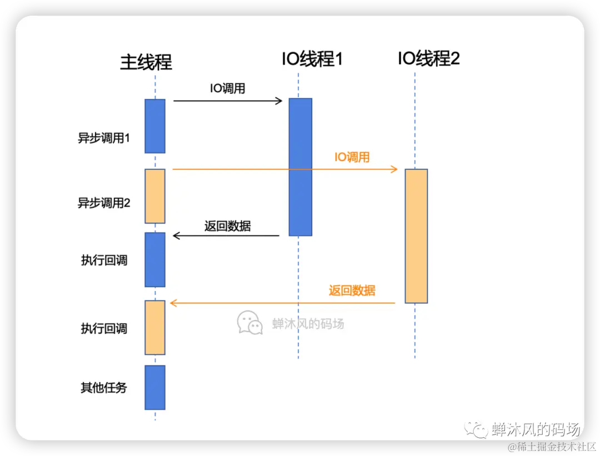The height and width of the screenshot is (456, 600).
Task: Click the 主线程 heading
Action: pos(146,62)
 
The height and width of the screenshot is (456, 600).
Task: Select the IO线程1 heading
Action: pos(312,58)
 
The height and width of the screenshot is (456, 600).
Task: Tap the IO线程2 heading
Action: pos(428,58)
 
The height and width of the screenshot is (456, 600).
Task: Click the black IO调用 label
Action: pos(227,88)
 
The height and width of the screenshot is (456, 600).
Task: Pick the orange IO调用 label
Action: pos(352,157)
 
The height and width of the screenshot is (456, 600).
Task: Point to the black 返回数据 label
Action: pos(227,226)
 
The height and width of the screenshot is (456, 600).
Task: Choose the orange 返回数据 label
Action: pos(352,290)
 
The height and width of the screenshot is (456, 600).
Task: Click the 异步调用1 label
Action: pos(104,138)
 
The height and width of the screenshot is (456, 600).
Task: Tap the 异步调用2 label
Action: pos(104,203)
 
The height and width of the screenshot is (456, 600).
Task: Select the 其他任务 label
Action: pos(104,387)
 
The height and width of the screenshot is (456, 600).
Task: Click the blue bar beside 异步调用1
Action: pos(155,126)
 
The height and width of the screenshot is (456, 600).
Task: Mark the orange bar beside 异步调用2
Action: pos(155,196)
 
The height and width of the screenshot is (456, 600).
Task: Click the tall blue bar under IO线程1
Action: pos(300,167)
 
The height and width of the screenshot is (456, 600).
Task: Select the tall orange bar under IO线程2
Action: pos(416,236)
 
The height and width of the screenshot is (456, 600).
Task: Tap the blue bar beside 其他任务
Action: pos(155,387)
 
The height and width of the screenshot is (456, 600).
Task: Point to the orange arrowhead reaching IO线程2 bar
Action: pos(395,169)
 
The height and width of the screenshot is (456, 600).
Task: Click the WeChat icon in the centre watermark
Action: pos(249,322)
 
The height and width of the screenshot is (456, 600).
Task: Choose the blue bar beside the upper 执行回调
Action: pos(155,259)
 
